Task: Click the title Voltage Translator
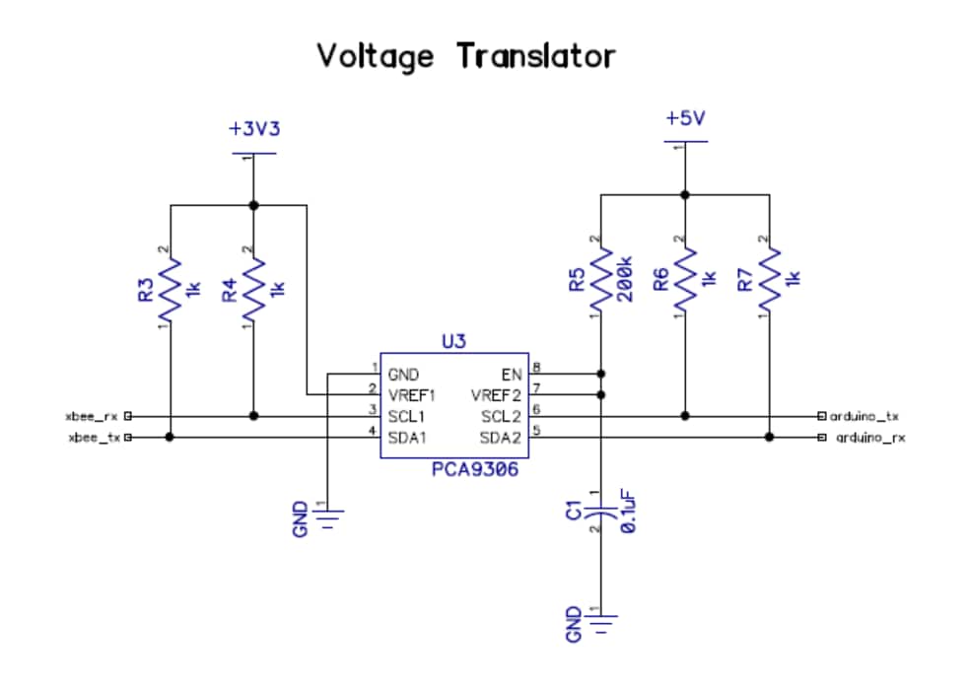coord(466,56)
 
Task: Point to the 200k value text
coord(623,284)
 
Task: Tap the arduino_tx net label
coord(863,417)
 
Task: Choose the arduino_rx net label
coord(869,437)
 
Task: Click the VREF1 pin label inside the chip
coord(412,395)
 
